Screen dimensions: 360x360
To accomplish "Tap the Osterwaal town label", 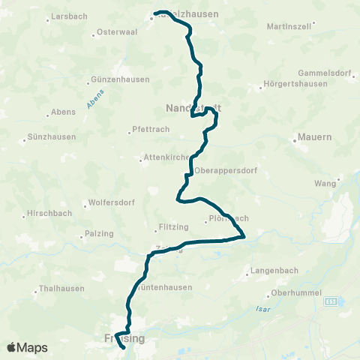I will pos(115,33).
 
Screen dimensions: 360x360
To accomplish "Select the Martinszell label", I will pos(289,27).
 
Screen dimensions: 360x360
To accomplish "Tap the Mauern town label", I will pos(315,138).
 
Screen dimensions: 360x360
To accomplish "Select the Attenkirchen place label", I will pos(166,158).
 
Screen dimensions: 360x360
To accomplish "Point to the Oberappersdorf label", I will pos(226,171).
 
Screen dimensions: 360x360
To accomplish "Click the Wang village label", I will pos(324,183).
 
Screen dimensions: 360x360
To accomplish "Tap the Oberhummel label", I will pos(298,293).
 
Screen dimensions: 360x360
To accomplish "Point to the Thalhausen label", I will pos(64,288).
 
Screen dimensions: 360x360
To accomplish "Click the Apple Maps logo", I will pos(27,347).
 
